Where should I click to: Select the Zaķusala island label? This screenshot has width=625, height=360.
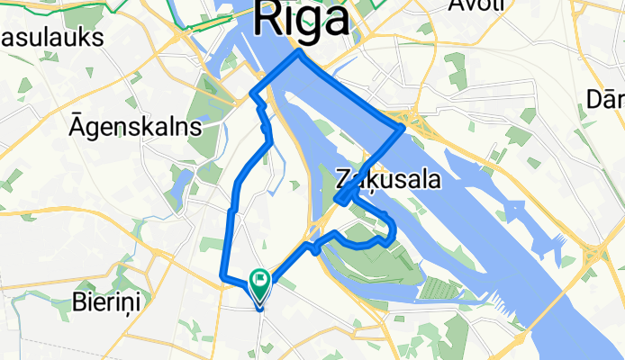(388, 179)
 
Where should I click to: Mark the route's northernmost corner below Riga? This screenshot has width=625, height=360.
(299, 53)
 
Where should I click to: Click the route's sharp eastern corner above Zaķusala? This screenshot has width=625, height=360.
(402, 129)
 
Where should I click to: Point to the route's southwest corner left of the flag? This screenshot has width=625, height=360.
(222, 280)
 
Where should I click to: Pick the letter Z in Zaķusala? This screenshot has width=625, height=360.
(341, 179)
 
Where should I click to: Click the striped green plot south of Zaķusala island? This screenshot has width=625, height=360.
(440, 289)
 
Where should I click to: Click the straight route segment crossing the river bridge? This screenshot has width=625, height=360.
(350, 91)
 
